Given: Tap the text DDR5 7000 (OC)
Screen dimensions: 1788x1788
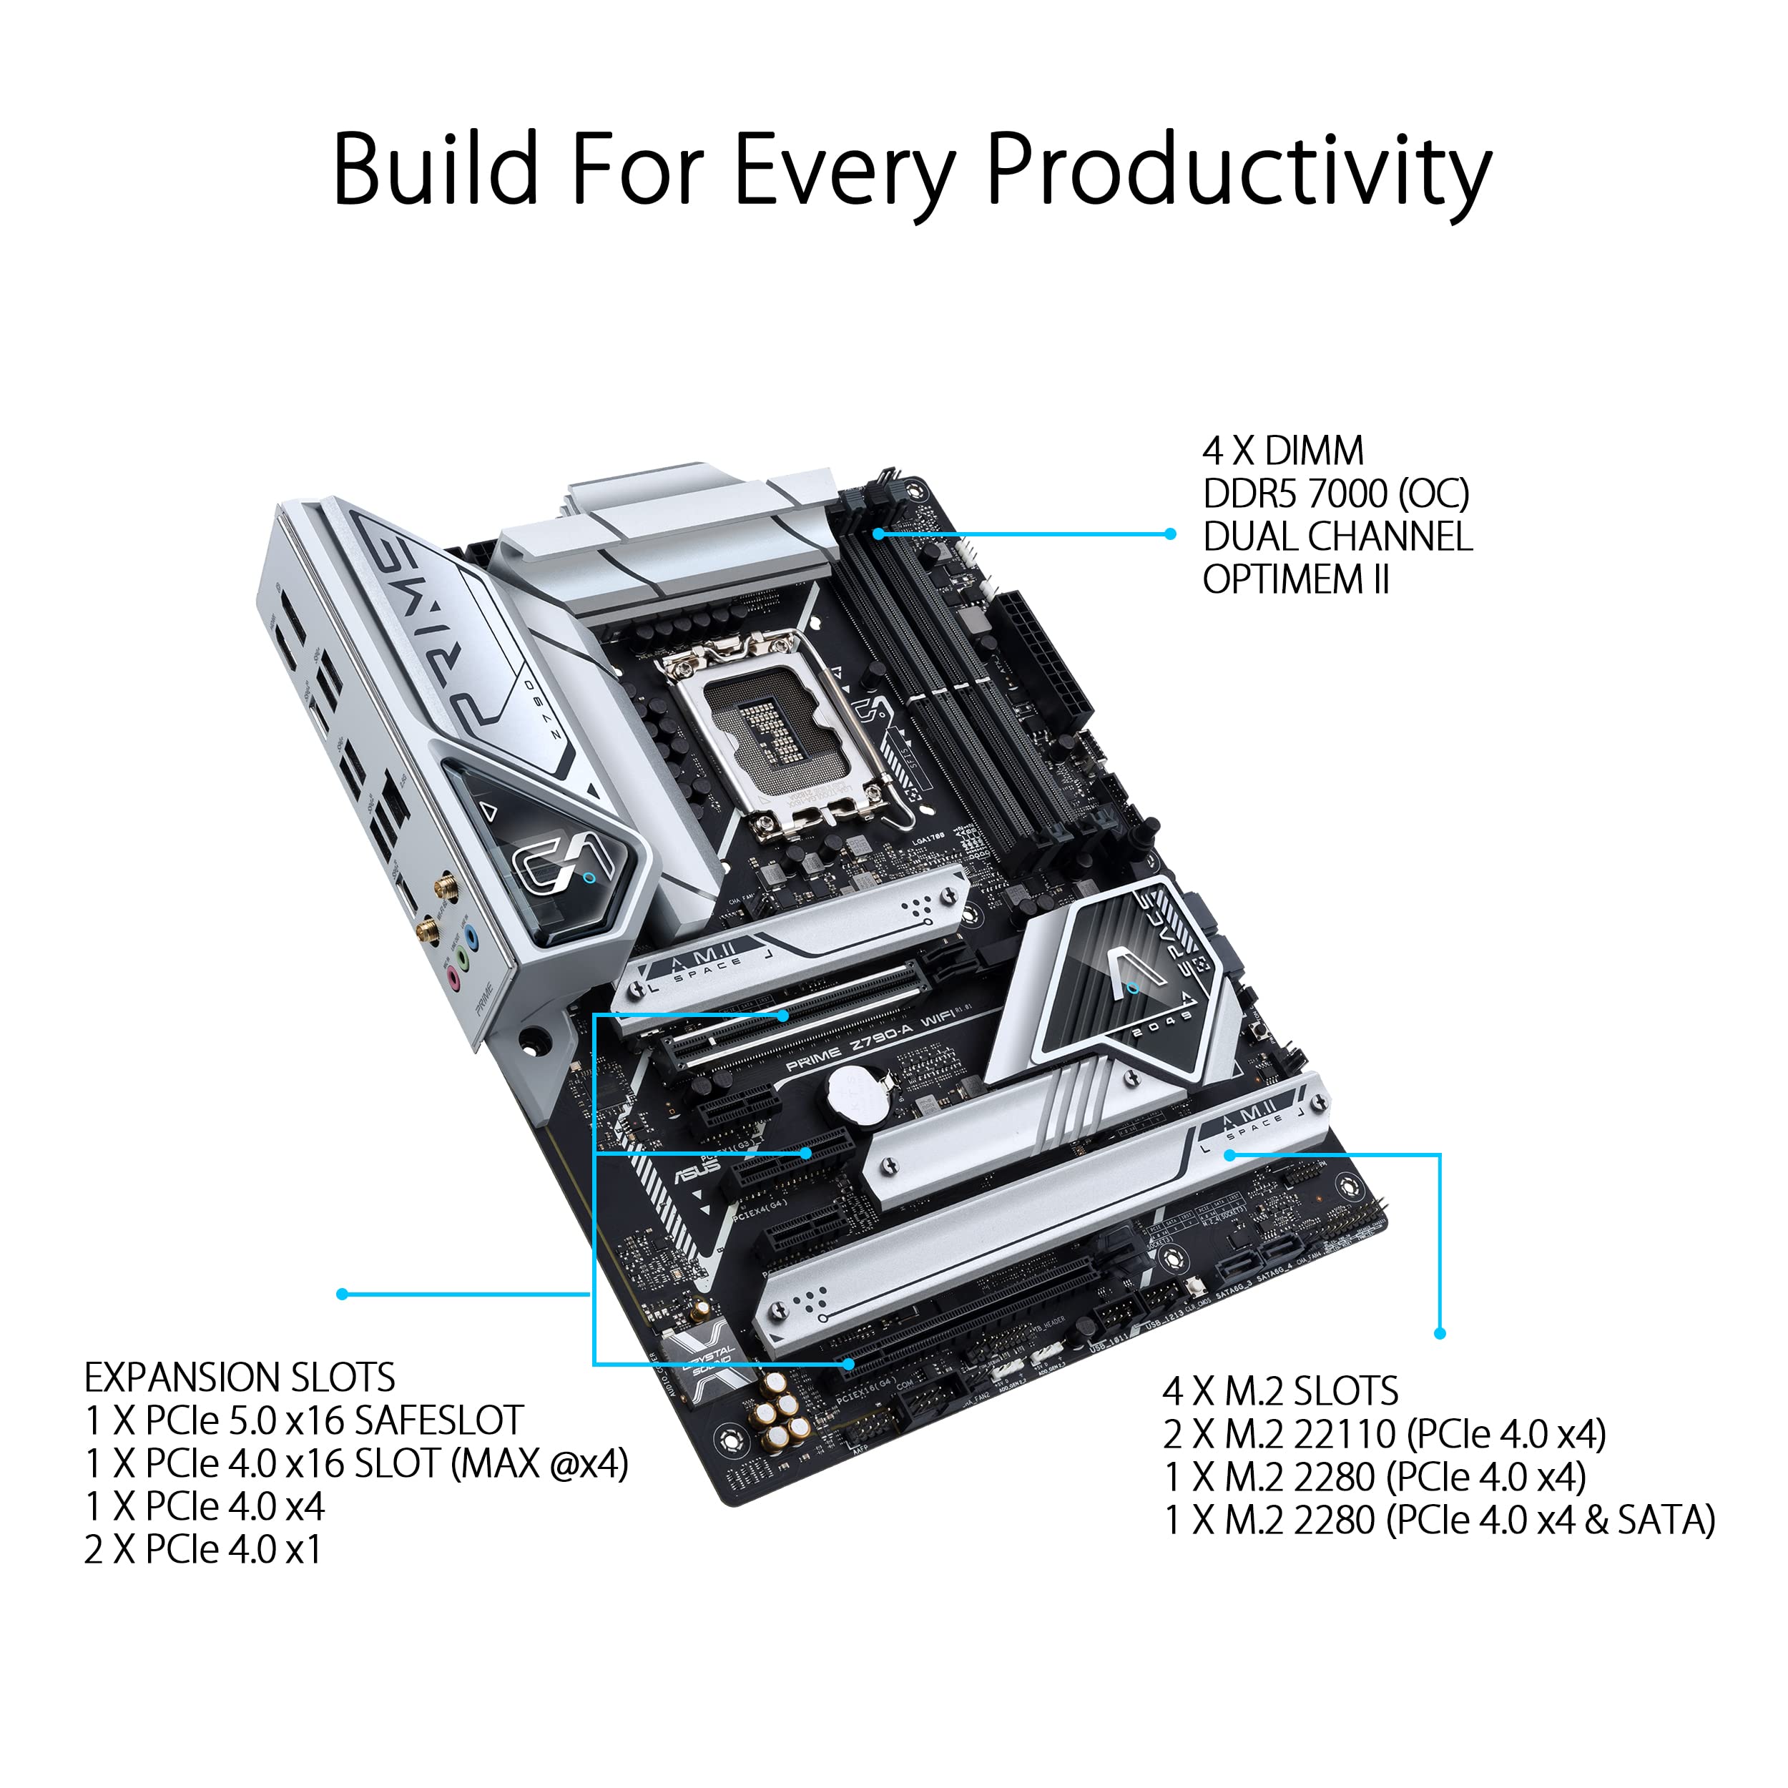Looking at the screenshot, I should pyautogui.click(x=1335, y=494).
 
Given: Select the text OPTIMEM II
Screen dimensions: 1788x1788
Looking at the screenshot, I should pyautogui.click(x=1296, y=580).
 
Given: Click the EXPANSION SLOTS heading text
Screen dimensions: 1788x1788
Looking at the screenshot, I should pyautogui.click(x=240, y=1377).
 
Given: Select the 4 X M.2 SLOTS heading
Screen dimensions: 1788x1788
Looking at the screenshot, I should pyautogui.click(x=1280, y=1391).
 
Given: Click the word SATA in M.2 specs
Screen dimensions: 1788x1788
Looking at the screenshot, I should pyautogui.click(x=1666, y=1521).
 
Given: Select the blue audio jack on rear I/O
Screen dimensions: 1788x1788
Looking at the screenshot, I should pyautogui.click(x=472, y=938).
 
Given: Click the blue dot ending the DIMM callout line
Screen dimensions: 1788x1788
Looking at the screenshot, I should pyautogui.click(x=1170, y=534).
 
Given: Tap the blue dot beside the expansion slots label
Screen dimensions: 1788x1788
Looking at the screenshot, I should pyautogui.click(x=343, y=1294).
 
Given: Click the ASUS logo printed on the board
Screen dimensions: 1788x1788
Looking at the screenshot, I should pyautogui.click(x=696, y=1171).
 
